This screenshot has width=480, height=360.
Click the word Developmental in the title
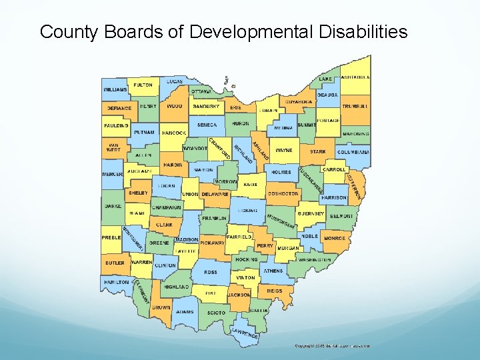(x=251, y=31)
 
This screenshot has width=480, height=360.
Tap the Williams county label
(x=115, y=89)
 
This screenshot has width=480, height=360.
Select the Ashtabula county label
(x=355, y=77)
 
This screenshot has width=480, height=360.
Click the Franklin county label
(x=214, y=218)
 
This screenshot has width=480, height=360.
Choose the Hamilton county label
(x=115, y=282)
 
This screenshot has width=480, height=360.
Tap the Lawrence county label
(x=245, y=333)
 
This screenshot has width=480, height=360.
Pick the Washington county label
(x=314, y=259)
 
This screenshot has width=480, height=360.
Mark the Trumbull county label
(x=355, y=106)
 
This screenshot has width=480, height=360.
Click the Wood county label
(x=174, y=106)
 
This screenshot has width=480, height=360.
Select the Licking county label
(x=247, y=211)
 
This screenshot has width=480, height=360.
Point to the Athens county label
(x=273, y=271)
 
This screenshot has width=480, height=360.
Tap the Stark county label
(x=318, y=151)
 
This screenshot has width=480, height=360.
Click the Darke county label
(x=113, y=206)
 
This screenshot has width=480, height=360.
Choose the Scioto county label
(x=216, y=312)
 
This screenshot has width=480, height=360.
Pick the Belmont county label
(x=341, y=217)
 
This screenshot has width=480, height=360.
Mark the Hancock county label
(x=173, y=133)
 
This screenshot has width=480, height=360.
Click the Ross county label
(x=211, y=272)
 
